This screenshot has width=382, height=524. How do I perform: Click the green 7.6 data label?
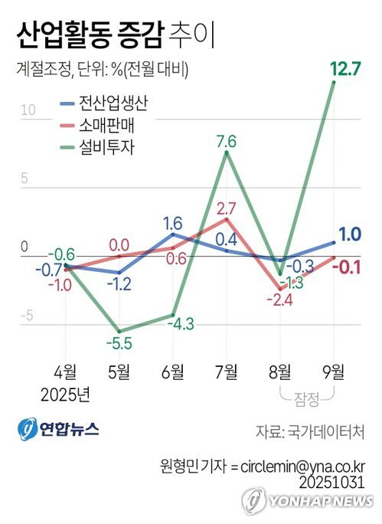point(226,140)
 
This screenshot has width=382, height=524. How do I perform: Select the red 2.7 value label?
point(227,208)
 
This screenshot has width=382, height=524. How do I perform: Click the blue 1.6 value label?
point(172,224)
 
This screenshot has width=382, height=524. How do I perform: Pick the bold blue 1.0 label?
point(351,234)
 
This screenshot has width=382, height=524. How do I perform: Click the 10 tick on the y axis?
point(28,110)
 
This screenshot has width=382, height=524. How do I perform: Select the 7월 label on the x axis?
point(226,373)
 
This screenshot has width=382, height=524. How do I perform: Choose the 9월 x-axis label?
point(334,373)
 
